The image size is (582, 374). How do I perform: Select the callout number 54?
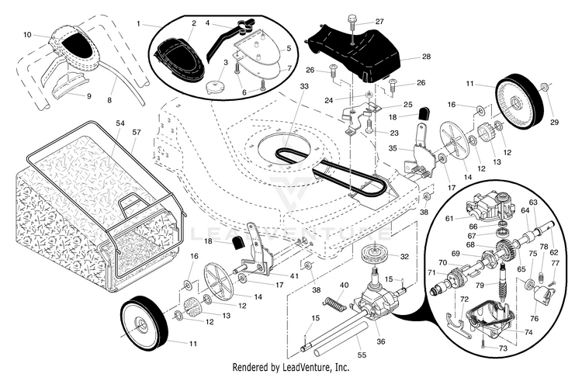120,123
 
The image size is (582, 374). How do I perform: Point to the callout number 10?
27,35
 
